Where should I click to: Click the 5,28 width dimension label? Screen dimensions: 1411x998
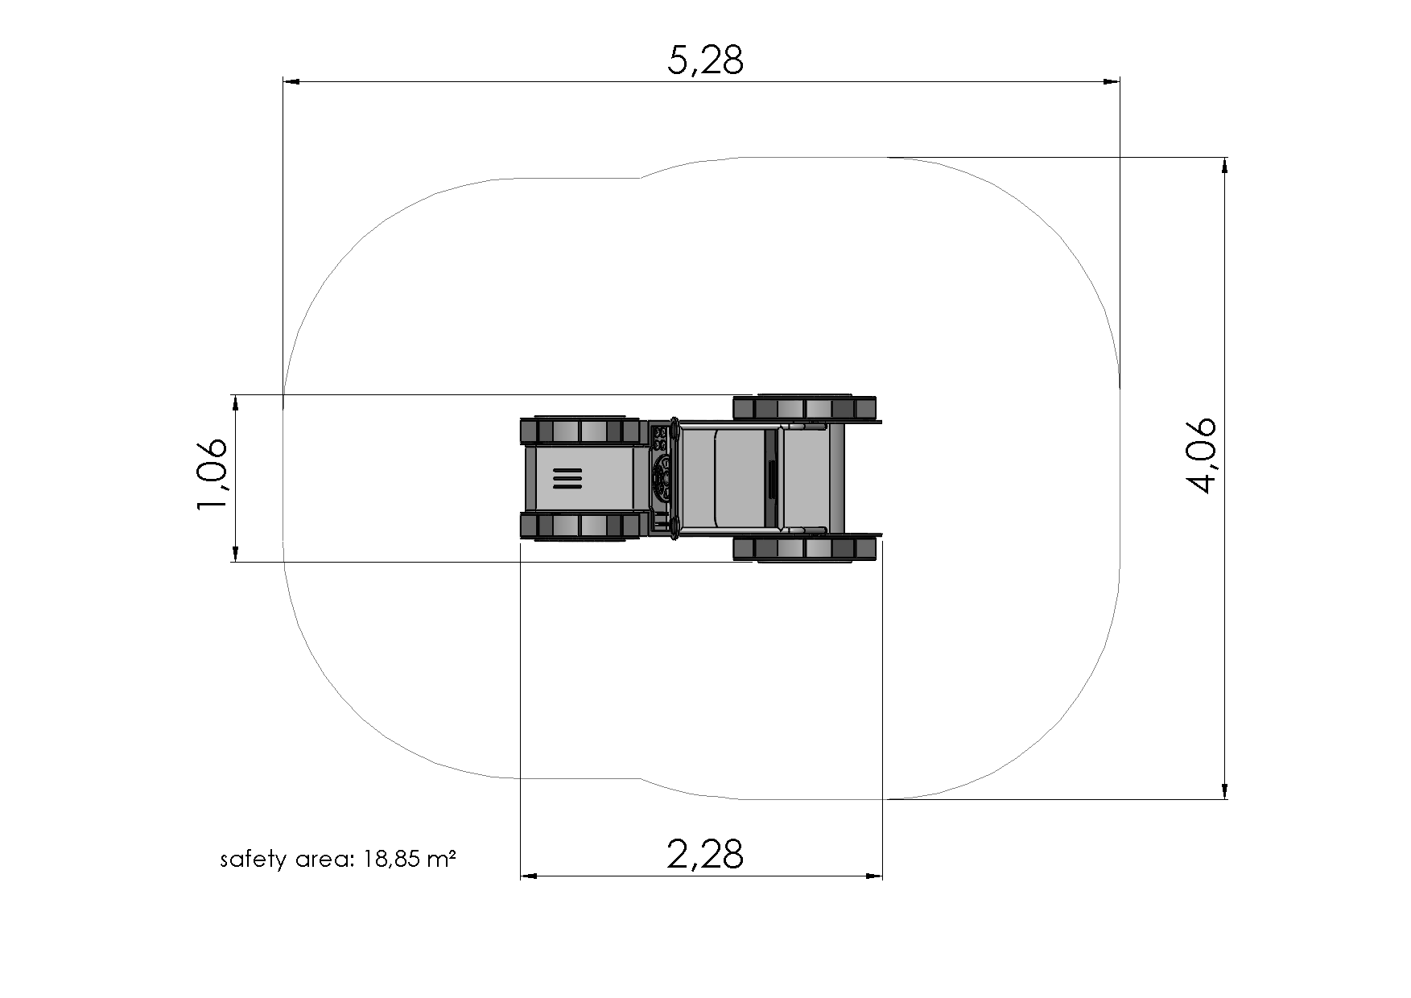[705, 60]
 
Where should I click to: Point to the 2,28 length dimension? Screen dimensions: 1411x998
[705, 853]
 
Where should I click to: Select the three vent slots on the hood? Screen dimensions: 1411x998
[567, 478]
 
